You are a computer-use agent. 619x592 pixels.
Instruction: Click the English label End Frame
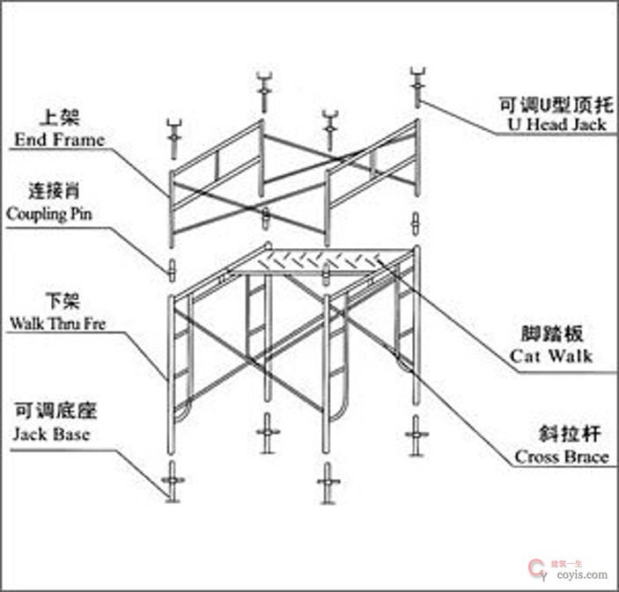tap(59, 139)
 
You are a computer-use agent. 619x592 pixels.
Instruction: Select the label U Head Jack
tap(557, 124)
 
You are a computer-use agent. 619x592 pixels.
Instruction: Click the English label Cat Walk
tap(551, 356)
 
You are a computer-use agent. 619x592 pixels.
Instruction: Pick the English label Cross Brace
tap(561, 457)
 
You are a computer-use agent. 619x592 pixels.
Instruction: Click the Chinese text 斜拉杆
tap(561, 434)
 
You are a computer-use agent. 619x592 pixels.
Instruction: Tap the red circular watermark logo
tap(535, 570)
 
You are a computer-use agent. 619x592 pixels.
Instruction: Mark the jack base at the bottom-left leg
tap(172, 481)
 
